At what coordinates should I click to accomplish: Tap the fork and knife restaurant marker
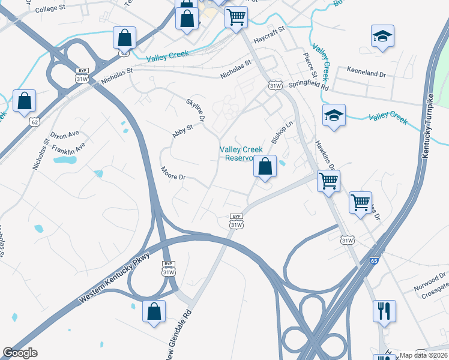[383, 311]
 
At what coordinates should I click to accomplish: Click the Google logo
[20, 353]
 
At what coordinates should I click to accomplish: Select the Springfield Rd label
[309, 86]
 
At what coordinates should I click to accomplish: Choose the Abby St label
[182, 131]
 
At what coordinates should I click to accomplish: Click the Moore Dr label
[175, 174]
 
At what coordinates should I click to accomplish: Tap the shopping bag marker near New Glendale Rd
[154, 311]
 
